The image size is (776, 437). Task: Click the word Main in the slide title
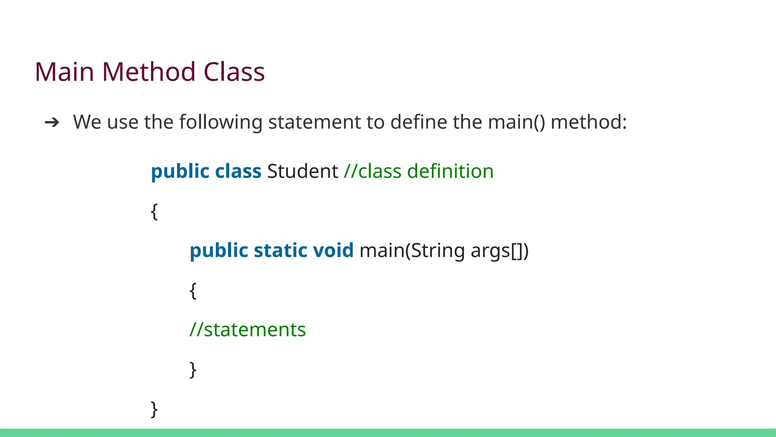64,72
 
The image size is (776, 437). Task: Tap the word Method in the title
149,72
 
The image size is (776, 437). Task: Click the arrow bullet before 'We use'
52,123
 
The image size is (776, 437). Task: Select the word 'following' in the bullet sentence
221,123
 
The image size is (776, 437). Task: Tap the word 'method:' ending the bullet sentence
588,122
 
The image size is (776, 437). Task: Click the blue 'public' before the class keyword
180,172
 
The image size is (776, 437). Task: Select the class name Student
302,171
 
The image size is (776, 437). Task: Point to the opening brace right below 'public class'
154,211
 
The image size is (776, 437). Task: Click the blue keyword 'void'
333,251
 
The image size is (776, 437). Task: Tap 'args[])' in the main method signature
499,251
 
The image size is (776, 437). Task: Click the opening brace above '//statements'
193,291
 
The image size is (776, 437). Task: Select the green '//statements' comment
247,330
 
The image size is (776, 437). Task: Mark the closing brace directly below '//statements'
193,369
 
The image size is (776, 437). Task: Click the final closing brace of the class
154,409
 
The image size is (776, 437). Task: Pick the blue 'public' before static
219,251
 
